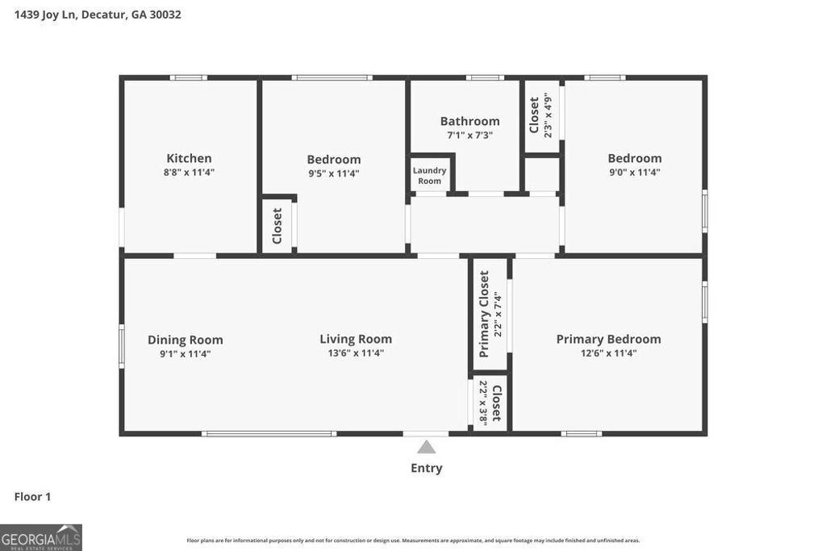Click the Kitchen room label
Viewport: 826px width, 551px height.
[x=189, y=158]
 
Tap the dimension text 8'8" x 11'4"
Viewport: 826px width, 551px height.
[x=189, y=172]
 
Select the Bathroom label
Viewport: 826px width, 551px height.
[x=469, y=121]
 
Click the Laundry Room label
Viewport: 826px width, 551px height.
[x=429, y=175]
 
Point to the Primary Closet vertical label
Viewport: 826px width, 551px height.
[x=484, y=314]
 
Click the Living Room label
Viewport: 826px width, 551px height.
[x=356, y=339]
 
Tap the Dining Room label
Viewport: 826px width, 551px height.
[x=185, y=340]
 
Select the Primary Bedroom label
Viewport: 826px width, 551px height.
[x=608, y=339]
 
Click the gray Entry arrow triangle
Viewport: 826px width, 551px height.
[x=427, y=447]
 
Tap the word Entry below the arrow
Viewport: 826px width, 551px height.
[x=427, y=468]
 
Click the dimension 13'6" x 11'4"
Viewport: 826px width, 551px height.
[x=356, y=353]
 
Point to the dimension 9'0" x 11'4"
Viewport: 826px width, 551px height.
[x=634, y=172]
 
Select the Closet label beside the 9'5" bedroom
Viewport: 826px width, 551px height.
[x=277, y=226]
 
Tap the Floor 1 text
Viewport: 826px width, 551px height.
[x=32, y=497]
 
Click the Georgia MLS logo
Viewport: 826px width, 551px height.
[x=41, y=537]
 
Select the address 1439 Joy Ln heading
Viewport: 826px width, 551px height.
[x=97, y=14]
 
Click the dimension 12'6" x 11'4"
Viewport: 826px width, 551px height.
[x=608, y=353]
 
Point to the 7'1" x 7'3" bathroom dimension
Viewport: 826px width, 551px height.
[x=469, y=135]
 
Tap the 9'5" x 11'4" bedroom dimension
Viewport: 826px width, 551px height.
[x=333, y=173]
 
